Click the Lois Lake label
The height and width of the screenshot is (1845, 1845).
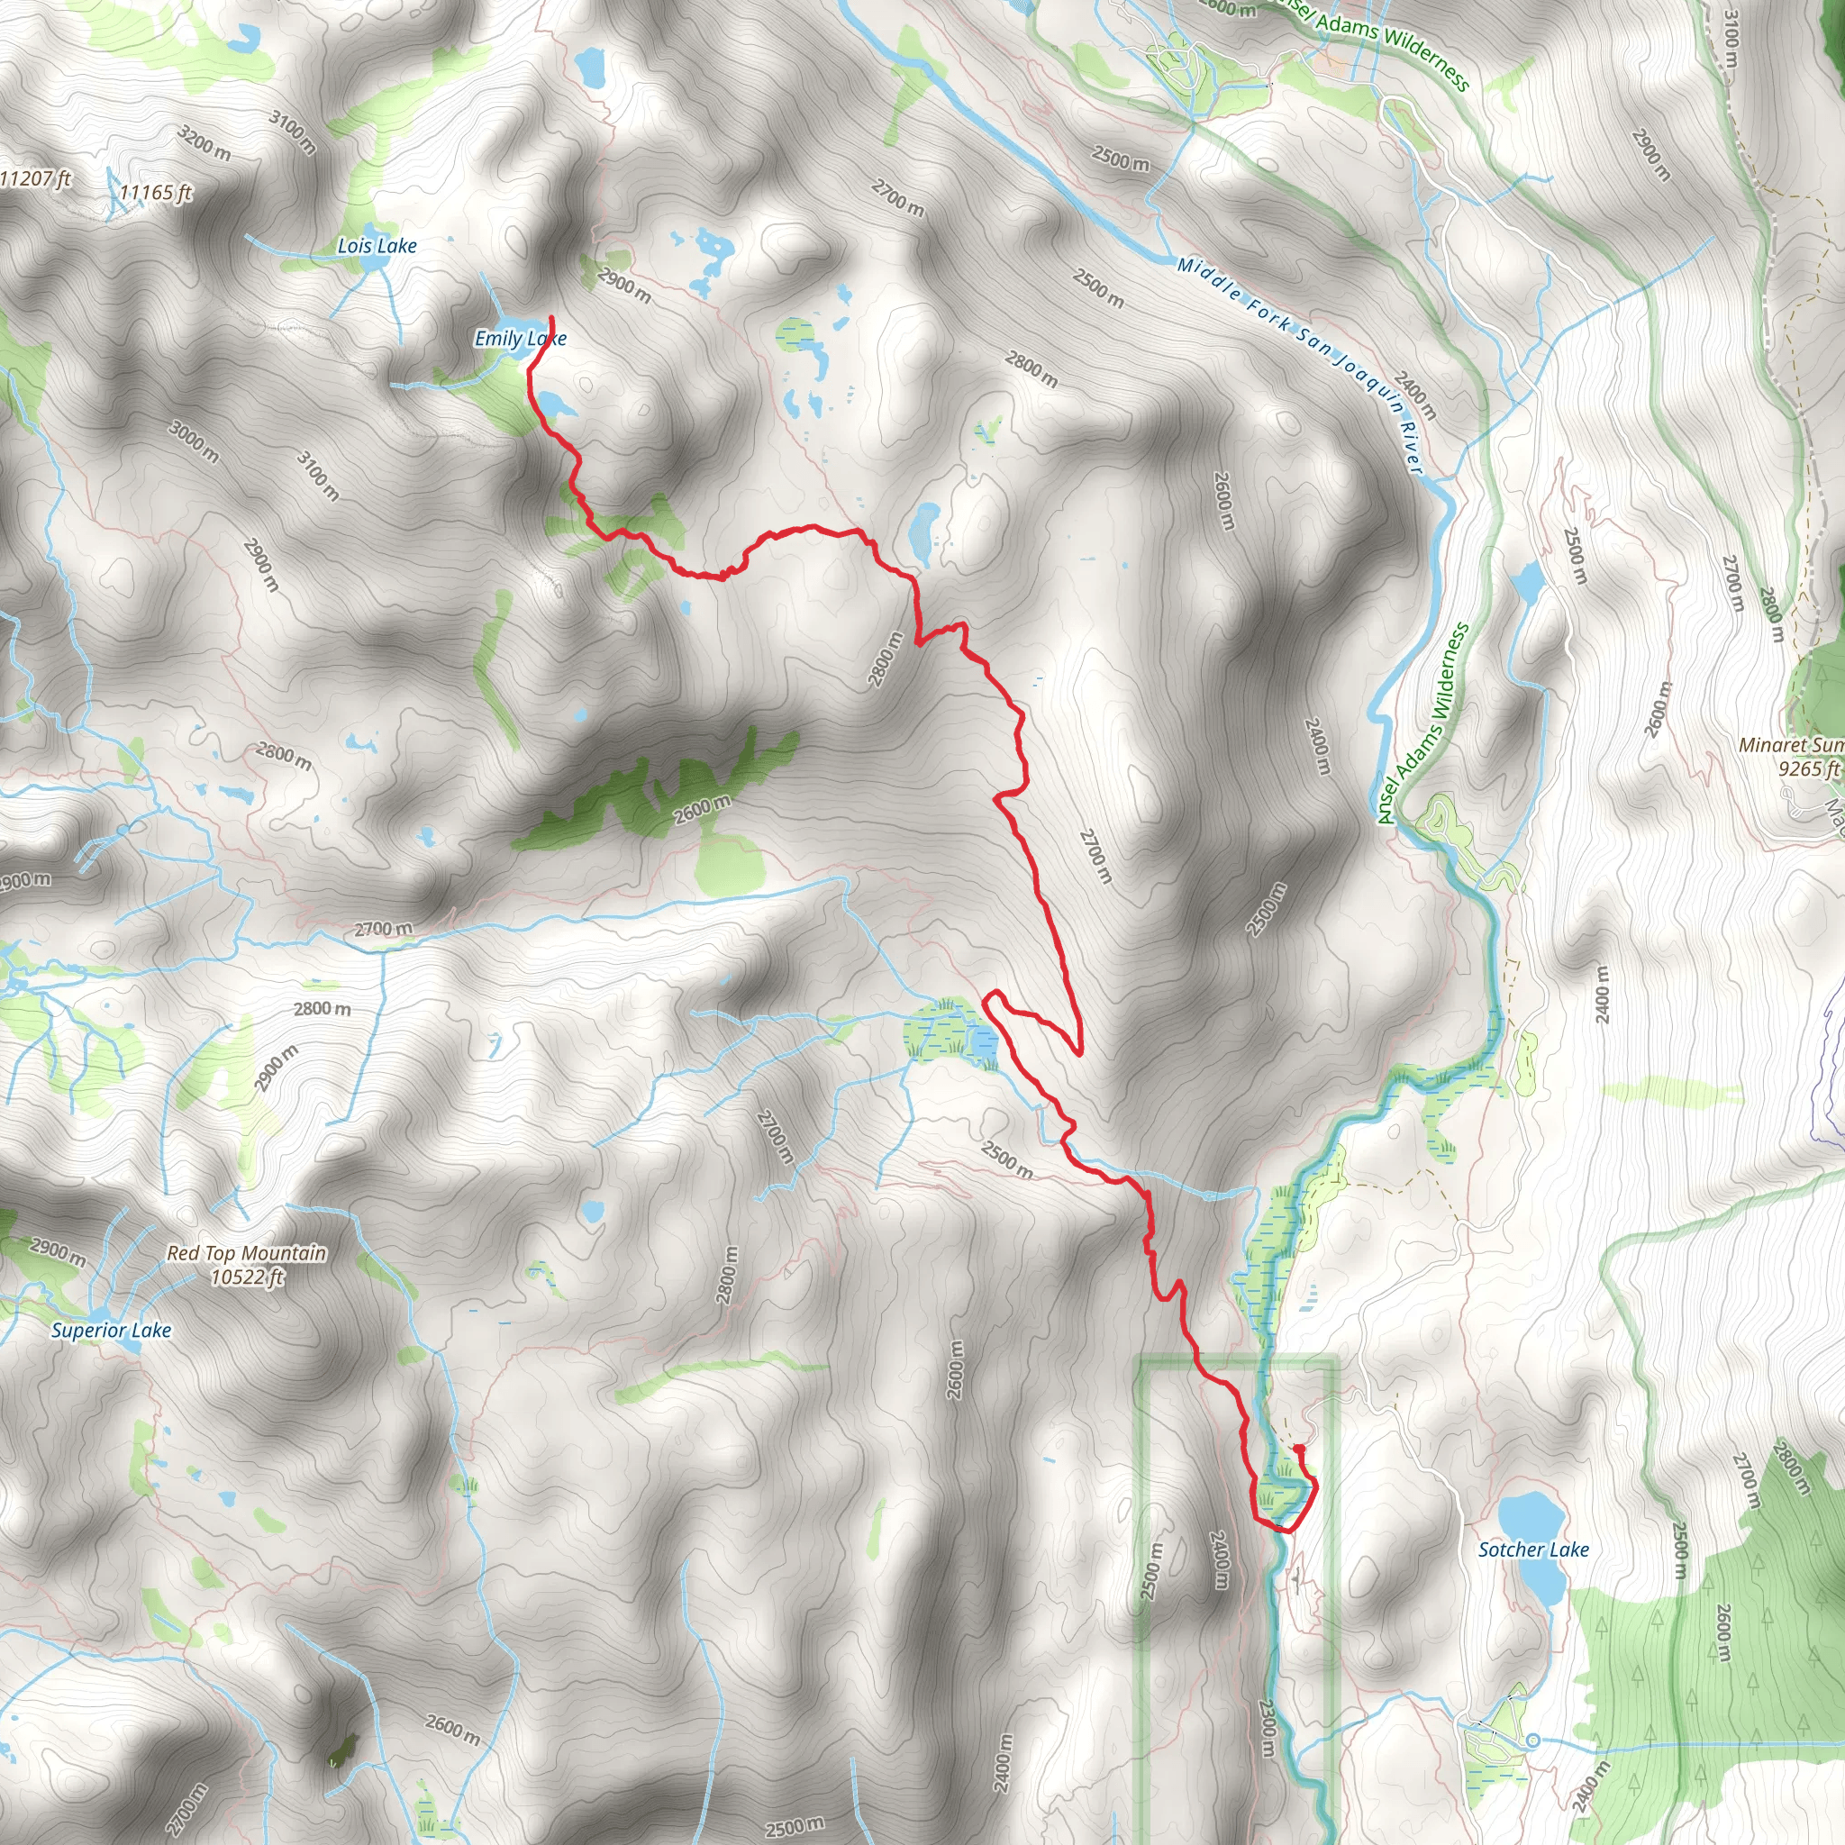coord(377,246)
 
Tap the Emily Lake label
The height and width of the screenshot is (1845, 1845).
coord(521,338)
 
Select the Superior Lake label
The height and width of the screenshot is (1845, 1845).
coord(112,1331)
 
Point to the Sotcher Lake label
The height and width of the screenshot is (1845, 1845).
coord(1533,1550)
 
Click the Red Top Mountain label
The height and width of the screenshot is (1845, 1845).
coord(246,1253)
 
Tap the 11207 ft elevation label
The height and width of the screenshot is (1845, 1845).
coord(36,178)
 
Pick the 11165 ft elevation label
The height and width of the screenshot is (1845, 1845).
coord(156,193)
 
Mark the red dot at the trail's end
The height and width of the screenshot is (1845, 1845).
coord(1299,1449)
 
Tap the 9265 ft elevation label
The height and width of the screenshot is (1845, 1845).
coord(1808,768)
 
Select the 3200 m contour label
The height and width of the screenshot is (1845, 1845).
coord(204,143)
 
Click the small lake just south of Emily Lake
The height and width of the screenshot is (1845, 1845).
coord(555,404)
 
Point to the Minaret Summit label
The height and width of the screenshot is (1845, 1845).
coord(1791,745)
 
